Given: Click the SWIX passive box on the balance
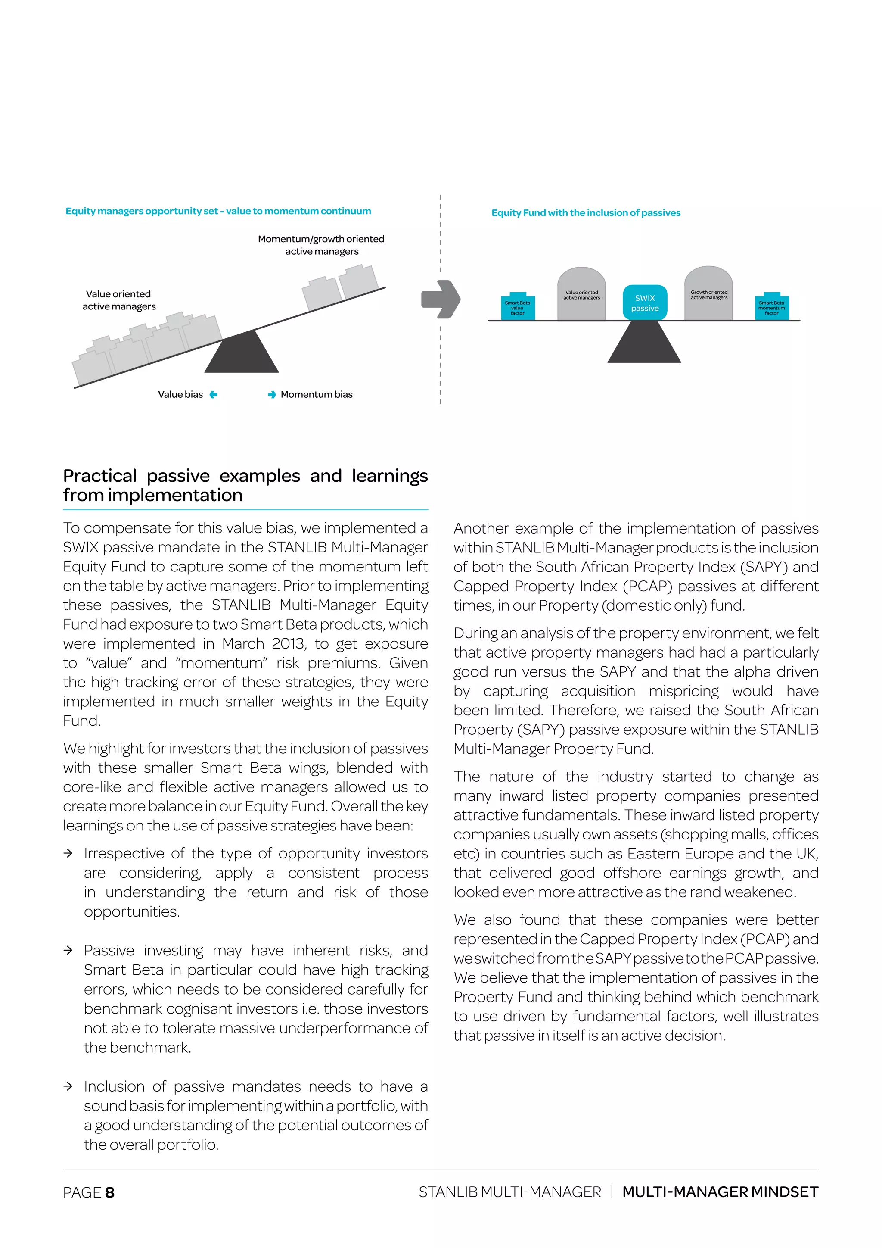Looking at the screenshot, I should pyautogui.click(x=645, y=303).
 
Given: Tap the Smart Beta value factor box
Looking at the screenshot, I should pyautogui.click(x=518, y=308).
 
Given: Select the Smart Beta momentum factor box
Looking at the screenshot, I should pyautogui.click(x=771, y=308).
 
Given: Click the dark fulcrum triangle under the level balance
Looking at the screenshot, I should pyautogui.click(x=644, y=345).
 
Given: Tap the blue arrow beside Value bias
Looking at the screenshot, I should pyautogui.click(x=214, y=395).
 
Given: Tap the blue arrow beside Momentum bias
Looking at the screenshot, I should pyautogui.click(x=272, y=395).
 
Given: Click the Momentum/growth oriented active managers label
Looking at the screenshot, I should pyautogui.click(x=321, y=245).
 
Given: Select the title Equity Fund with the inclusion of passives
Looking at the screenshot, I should pyautogui.click(x=585, y=213).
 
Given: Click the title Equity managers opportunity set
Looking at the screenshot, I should pyautogui.click(x=218, y=211).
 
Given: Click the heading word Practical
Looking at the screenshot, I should pyautogui.click(x=99, y=476).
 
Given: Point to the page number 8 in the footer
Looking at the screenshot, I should pyautogui.click(x=110, y=1192).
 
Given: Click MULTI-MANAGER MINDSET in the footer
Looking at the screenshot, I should pyautogui.click(x=720, y=1192).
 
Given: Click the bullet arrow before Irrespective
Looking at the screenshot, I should pyautogui.click(x=68, y=853).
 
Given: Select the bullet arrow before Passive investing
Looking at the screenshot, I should pyautogui.click(x=68, y=951).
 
